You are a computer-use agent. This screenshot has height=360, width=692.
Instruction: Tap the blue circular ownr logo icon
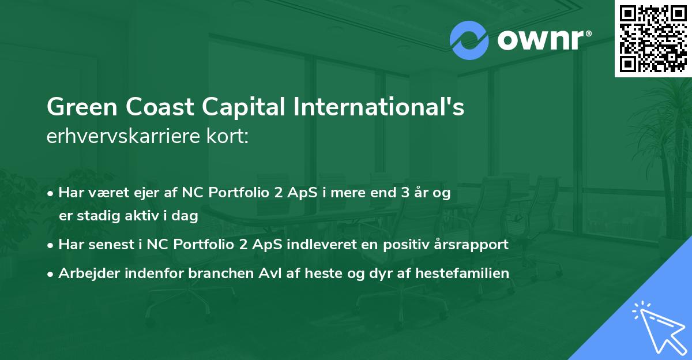[x=469, y=40]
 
